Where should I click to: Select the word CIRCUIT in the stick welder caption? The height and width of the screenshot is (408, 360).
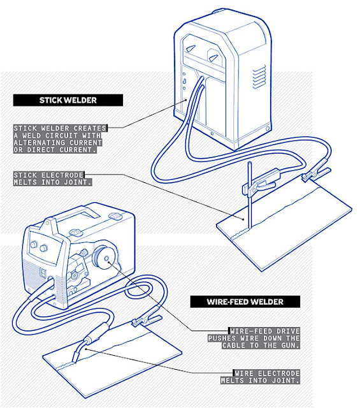pos(89,135)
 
